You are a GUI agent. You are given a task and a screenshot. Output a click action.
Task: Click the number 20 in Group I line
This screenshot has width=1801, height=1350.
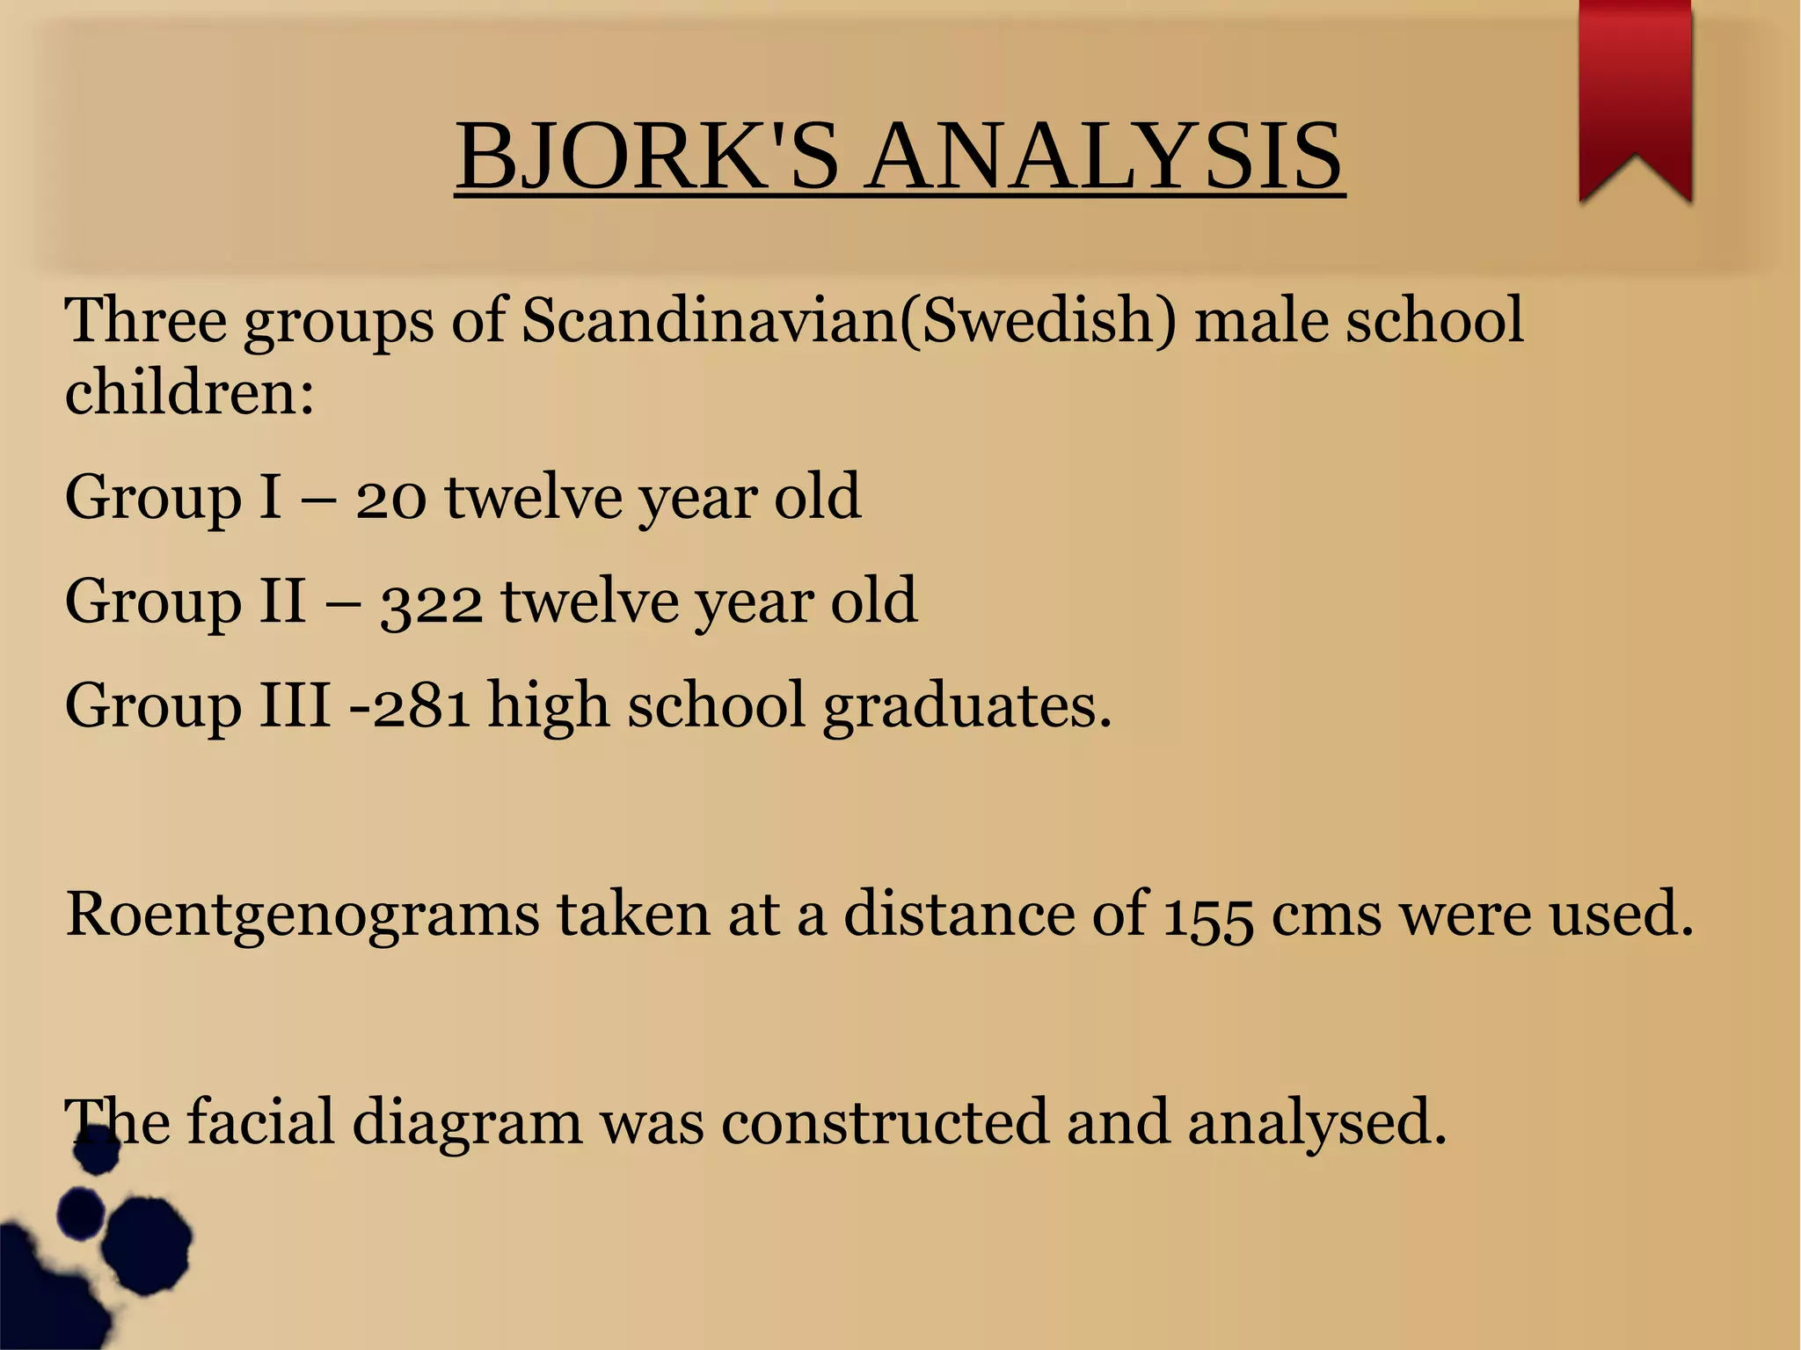(391, 498)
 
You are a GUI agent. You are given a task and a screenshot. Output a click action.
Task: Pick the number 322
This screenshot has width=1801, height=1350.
(431, 603)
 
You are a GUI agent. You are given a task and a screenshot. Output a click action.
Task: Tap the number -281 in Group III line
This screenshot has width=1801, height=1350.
(410, 705)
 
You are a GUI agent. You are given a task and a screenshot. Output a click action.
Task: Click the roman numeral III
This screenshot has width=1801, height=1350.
(295, 705)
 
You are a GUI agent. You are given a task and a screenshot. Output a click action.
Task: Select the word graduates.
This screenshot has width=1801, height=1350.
(967, 707)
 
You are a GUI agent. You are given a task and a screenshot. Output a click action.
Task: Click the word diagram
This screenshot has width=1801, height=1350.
(467, 1124)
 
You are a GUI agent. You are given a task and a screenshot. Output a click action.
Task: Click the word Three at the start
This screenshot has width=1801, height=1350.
(145, 320)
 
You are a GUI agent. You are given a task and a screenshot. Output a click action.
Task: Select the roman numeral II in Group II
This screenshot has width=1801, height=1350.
(282, 602)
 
